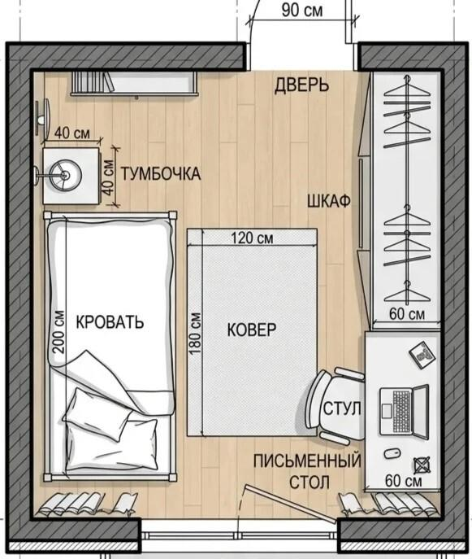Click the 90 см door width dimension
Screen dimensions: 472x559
(302, 11)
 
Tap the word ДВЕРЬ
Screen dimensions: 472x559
(301, 85)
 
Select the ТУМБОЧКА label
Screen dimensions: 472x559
(161, 174)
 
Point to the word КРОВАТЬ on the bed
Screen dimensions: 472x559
(110, 322)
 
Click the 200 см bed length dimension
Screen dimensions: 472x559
(59, 332)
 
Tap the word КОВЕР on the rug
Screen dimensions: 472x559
(252, 330)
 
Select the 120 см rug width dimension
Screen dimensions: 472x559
(252, 238)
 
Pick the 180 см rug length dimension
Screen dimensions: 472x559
(196, 334)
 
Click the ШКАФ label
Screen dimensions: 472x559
(329, 202)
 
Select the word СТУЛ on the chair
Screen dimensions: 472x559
(342, 408)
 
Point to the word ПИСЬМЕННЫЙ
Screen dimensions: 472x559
(307, 461)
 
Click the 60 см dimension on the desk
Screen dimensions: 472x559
(403, 481)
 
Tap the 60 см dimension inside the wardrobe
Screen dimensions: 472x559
(407, 314)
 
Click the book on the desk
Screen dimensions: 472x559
(422, 356)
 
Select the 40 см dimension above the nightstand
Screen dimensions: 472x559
(72, 133)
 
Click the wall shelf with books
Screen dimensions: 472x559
(134, 84)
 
